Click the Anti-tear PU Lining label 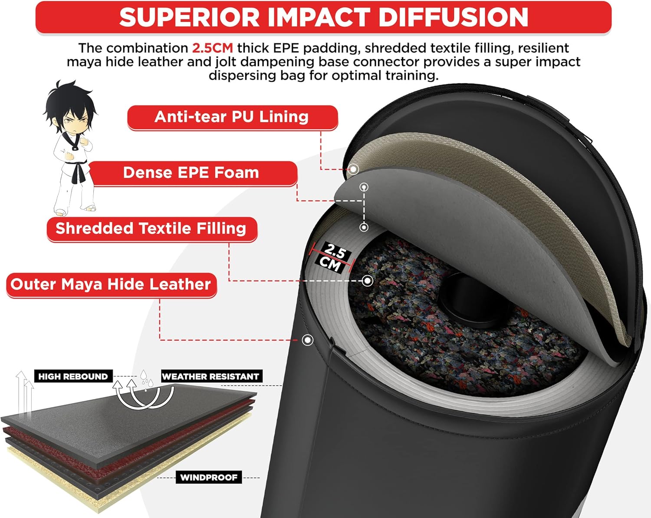click(232, 117)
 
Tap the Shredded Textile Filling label click(152, 229)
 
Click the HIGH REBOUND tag click(73, 376)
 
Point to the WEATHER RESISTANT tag click(211, 376)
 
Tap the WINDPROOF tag click(209, 478)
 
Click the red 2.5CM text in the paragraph click(212, 48)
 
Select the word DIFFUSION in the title click(453, 17)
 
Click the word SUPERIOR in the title click(190, 17)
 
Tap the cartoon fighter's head click(70, 107)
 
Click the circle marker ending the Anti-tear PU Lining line click(353, 169)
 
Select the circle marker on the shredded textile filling click(367, 281)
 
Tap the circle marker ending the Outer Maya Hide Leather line click(307, 340)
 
